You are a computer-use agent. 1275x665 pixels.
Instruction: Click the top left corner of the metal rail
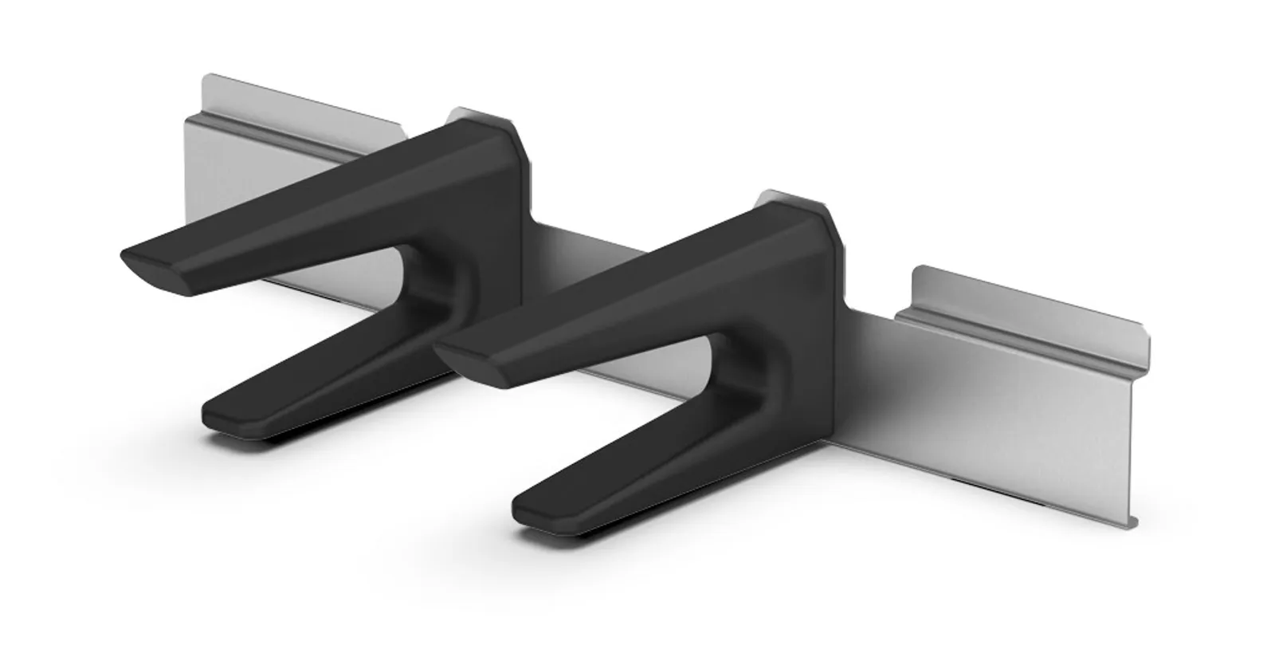(x=205, y=77)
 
